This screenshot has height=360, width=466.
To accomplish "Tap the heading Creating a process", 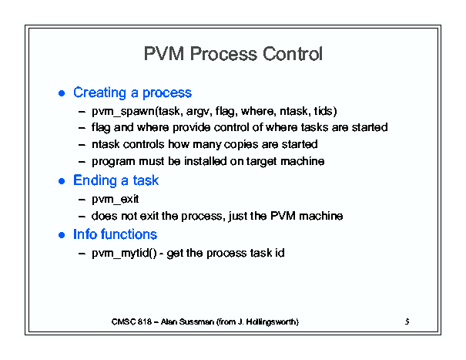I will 132,93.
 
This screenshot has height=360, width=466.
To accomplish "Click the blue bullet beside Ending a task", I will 62,181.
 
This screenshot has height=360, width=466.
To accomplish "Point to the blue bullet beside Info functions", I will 62,234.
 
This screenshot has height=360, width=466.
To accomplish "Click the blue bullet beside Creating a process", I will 62,93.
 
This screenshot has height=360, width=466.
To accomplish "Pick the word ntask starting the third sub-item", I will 106,144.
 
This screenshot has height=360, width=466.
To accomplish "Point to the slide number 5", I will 406,321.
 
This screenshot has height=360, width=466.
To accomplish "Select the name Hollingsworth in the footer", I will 271,321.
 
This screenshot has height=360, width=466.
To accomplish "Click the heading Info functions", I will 115,234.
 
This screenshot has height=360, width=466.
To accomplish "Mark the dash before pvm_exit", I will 82,200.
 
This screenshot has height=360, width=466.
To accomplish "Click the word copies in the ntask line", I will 235,144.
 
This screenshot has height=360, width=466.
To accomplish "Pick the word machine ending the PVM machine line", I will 326,217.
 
